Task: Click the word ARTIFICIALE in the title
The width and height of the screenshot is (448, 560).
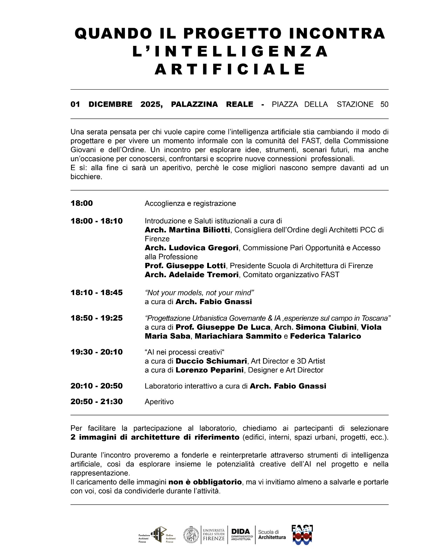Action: [230, 69]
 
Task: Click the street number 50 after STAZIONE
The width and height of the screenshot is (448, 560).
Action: [384, 104]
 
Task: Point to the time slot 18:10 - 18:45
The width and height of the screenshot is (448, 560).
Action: [97, 293]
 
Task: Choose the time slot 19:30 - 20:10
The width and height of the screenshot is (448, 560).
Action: [97, 352]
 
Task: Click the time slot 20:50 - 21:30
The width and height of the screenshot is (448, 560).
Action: [97, 402]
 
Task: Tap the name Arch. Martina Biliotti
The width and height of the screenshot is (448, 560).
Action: [187, 230]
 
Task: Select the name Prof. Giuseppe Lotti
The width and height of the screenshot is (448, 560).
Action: [185, 266]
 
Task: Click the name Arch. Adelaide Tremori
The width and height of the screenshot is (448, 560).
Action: [191, 275]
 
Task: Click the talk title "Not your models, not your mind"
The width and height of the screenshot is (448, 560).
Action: [199, 293]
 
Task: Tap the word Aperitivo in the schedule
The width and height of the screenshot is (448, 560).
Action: [159, 402]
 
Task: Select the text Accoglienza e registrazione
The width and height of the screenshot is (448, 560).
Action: [190, 203]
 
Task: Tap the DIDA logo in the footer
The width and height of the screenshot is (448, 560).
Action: [241, 535]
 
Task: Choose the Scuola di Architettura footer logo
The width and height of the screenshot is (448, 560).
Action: [272, 535]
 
